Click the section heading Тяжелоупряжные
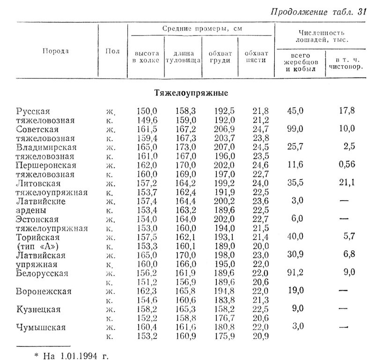(x=191, y=93)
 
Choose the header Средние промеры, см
(x=202, y=29)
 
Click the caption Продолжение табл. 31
(x=318, y=12)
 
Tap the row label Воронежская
(x=44, y=292)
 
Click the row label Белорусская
(x=42, y=273)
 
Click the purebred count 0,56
(x=347, y=165)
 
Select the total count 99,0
(x=295, y=128)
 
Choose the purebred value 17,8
(x=347, y=111)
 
